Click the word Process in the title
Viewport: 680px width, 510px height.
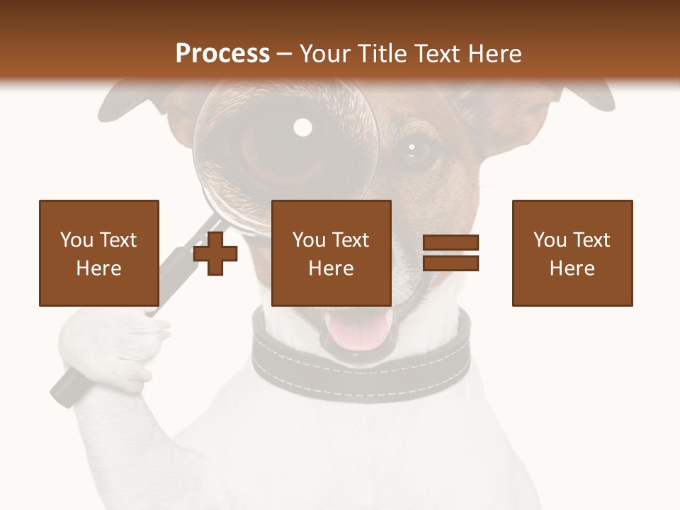point(222,53)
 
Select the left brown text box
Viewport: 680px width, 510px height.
point(99,253)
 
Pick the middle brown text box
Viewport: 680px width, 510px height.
point(331,253)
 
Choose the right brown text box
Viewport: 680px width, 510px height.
point(572,253)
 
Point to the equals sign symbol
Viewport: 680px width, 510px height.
point(450,253)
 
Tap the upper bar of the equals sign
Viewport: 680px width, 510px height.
point(450,243)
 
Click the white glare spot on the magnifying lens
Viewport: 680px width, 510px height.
point(302,127)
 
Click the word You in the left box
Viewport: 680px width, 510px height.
point(76,240)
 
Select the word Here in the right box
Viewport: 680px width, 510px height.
point(572,268)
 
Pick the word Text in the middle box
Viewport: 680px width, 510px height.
point(350,240)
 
